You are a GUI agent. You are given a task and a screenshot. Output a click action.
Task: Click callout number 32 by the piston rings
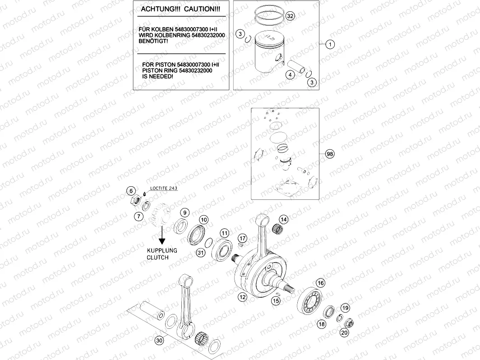[x=290, y=16]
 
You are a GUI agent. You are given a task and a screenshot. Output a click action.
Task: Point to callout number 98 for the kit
[x=330, y=154]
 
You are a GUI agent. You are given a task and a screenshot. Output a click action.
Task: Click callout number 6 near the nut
[x=130, y=190]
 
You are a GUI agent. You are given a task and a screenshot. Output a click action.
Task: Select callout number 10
[x=204, y=220]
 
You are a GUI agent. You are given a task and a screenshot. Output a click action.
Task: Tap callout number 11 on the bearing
[x=224, y=233]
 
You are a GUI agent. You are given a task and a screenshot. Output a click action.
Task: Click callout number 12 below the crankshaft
[x=242, y=297]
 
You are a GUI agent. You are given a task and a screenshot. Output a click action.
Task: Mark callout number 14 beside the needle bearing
[x=283, y=220]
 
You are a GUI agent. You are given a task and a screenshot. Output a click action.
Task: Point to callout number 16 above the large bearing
[x=320, y=283]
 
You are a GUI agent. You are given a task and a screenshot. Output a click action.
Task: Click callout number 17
[x=242, y=238]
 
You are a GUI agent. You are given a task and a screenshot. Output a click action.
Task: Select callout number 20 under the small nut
[x=344, y=332]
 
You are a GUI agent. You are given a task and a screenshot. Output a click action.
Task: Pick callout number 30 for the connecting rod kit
[x=158, y=341]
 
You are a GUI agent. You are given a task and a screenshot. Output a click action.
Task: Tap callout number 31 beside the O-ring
[x=200, y=253]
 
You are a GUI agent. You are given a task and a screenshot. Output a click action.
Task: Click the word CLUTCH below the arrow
[x=157, y=258]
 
